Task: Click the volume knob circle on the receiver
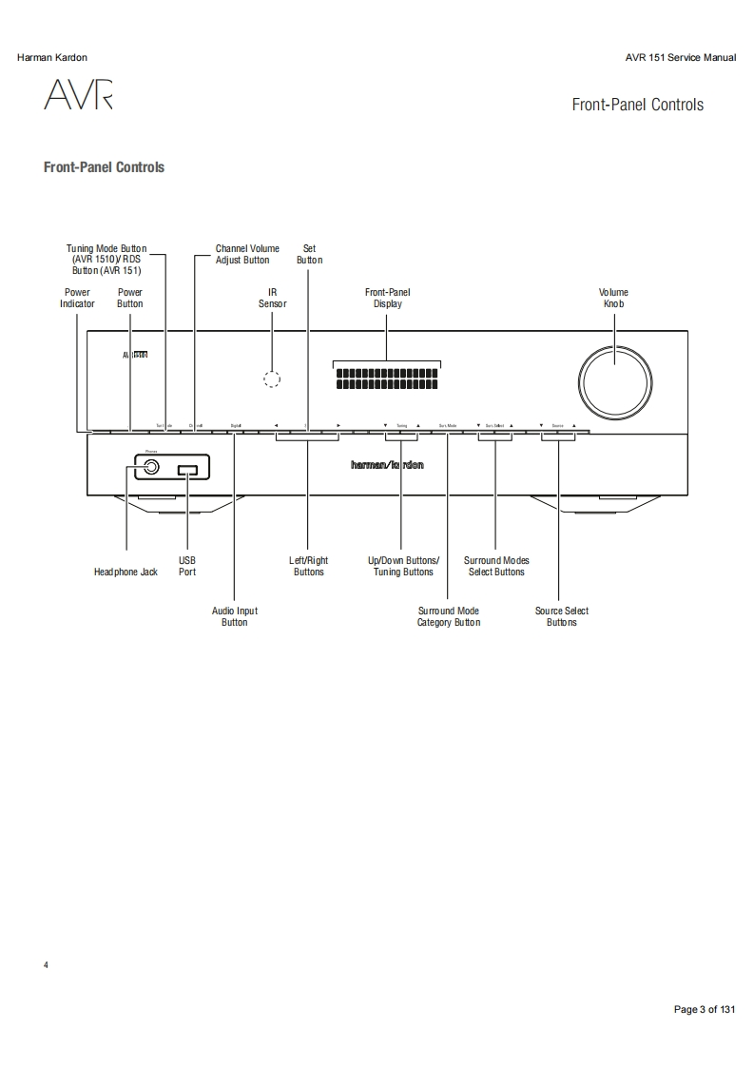613,379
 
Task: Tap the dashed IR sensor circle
272,379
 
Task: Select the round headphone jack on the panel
150,468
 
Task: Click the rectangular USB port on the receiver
187,469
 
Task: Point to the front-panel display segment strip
387,379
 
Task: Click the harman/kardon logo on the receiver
387,465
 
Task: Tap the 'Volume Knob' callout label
613,298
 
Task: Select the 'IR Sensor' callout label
272,298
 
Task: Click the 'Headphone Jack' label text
126,572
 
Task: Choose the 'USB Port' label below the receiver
187,567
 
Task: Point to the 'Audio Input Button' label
234,616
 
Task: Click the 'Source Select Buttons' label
561,616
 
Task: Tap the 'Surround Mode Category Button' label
448,616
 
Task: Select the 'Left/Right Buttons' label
308,567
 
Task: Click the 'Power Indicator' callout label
77,298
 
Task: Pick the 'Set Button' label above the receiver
309,254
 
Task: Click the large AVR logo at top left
77,96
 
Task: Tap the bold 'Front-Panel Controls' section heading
104,167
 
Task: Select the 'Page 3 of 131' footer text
704,1009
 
